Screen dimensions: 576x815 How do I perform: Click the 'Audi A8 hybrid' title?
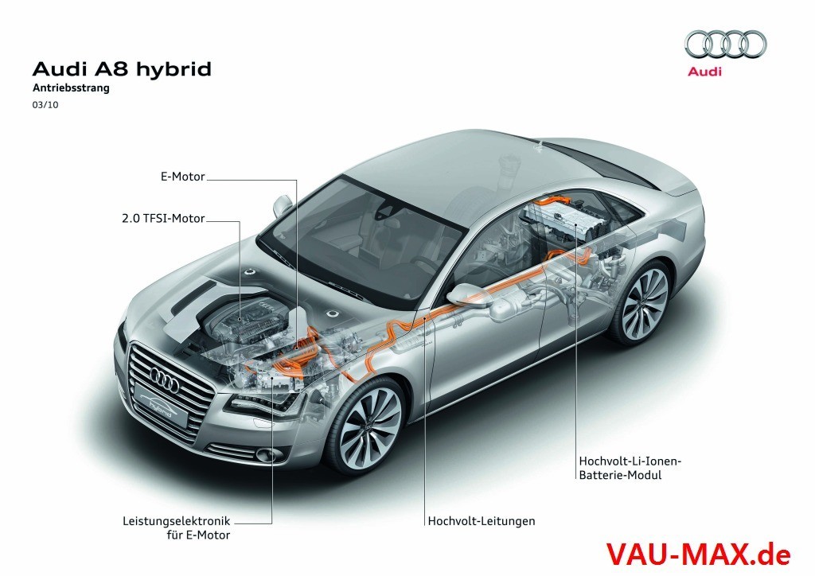coord(121,69)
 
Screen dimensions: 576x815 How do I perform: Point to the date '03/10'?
coord(44,104)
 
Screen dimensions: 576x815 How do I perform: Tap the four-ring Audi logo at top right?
coord(725,44)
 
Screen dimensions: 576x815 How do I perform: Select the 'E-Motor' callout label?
coord(183,177)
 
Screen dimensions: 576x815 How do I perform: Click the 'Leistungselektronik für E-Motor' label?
coord(177,528)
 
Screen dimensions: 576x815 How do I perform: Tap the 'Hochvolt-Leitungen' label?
coord(481,521)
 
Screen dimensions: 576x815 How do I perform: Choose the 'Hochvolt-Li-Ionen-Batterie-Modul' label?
coord(631,468)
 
